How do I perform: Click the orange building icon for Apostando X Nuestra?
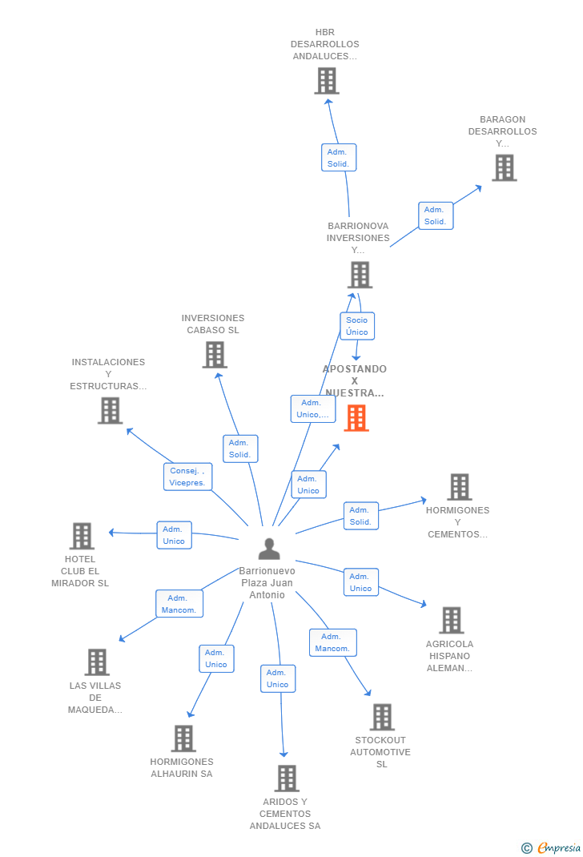click(x=356, y=418)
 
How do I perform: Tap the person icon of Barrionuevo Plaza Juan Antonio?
click(x=269, y=549)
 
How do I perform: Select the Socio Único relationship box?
click(x=357, y=326)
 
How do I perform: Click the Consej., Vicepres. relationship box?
click(x=187, y=477)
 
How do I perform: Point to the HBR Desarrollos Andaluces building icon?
click(x=327, y=81)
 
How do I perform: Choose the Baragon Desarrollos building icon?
click(x=505, y=167)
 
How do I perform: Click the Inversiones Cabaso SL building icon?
click(x=215, y=355)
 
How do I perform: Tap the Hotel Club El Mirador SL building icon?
click(x=82, y=536)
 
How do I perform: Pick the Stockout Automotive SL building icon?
click(x=382, y=717)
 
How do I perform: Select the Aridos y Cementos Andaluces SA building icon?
click(x=287, y=779)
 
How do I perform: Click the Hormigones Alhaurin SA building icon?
click(x=183, y=738)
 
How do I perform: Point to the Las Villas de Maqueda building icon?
click(x=97, y=662)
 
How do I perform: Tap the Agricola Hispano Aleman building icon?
click(x=452, y=621)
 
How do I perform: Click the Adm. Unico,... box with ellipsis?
click(x=312, y=408)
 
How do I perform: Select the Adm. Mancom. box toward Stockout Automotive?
click(x=333, y=642)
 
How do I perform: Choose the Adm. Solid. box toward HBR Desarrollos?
click(x=339, y=158)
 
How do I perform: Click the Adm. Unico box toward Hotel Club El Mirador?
click(x=174, y=535)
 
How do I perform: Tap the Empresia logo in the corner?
click(x=551, y=847)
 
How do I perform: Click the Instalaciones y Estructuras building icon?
click(x=110, y=410)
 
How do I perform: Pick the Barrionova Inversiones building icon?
click(x=360, y=275)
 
